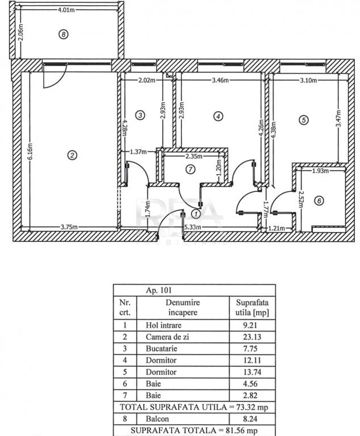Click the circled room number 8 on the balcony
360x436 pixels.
tap(64, 35)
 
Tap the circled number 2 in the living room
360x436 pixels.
tap(72, 155)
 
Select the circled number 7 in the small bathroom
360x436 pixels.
tap(190, 169)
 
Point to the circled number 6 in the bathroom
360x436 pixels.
tap(319, 200)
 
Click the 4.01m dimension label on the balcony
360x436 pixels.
tap(66, 10)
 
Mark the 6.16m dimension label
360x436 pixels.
tap(30, 151)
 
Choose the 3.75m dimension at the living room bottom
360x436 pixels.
tap(69, 227)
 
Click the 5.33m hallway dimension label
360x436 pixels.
tap(193, 227)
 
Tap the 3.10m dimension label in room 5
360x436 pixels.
tap(308, 81)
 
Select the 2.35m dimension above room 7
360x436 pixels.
tap(194, 156)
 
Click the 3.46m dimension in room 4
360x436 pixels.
tap(220, 81)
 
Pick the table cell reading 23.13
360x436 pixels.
tap(252, 337)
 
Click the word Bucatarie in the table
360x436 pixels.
tap(161, 349)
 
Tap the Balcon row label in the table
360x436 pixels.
tap(157, 419)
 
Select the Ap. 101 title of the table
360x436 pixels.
tap(159, 290)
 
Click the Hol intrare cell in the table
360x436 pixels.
tap(164, 325)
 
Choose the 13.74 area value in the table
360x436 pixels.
tap(252, 372)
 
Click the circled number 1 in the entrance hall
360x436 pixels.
tap(196, 214)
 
